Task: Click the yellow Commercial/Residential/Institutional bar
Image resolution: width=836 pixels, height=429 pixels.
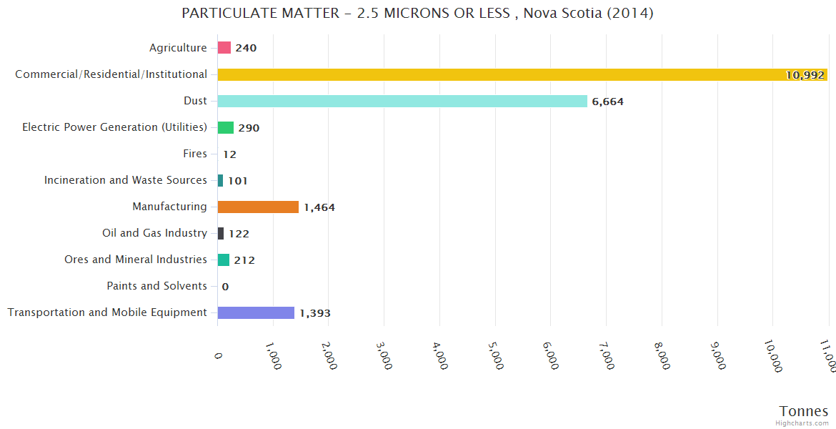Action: click(522, 74)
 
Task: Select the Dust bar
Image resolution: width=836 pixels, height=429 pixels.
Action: click(402, 101)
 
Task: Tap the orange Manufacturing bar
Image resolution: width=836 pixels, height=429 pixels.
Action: click(258, 207)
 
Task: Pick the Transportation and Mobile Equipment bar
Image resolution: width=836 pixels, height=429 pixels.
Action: click(256, 312)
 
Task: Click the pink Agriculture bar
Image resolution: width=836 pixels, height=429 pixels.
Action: click(224, 48)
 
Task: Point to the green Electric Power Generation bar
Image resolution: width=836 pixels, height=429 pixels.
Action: click(226, 127)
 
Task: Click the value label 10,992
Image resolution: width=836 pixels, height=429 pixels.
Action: click(805, 75)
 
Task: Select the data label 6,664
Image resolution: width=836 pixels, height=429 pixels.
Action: click(607, 102)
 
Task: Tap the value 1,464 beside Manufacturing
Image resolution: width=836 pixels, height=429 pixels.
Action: click(319, 207)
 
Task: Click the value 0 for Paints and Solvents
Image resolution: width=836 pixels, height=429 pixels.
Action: click(225, 287)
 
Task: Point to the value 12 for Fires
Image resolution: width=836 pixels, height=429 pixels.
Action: click(229, 154)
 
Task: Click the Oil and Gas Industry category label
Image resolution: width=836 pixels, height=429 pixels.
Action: click(155, 233)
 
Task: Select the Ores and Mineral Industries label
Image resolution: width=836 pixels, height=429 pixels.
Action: click(136, 260)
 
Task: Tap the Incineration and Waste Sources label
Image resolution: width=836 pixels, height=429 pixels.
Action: click(126, 180)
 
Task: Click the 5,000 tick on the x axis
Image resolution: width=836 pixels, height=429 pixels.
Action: click(496, 355)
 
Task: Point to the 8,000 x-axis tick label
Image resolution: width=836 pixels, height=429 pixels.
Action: click(662, 355)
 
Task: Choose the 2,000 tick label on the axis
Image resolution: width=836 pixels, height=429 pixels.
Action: click(329, 355)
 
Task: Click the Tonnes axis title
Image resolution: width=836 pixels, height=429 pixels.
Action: click(803, 411)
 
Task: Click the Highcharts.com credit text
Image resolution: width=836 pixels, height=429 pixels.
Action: click(803, 423)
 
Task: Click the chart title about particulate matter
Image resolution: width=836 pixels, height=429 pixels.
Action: click(417, 14)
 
